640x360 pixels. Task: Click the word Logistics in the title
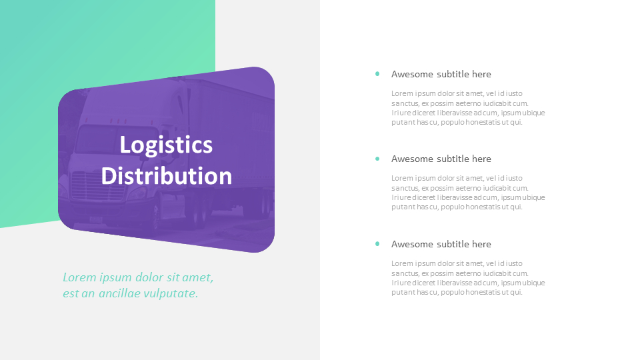[166, 145]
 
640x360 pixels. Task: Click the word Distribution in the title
[166, 176]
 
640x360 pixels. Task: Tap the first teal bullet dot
[377, 74]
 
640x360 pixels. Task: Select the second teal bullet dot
[377, 159]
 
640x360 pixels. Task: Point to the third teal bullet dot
[377, 244]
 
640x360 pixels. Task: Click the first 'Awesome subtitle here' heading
[441, 74]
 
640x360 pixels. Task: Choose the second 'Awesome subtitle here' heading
[441, 159]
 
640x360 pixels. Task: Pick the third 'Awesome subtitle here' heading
[441, 244]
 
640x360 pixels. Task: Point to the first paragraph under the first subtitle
[468, 108]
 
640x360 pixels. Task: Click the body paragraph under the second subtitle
[468, 193]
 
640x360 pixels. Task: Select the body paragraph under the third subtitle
[468, 278]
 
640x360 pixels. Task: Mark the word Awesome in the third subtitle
[413, 244]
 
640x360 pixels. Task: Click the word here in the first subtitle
[481, 74]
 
